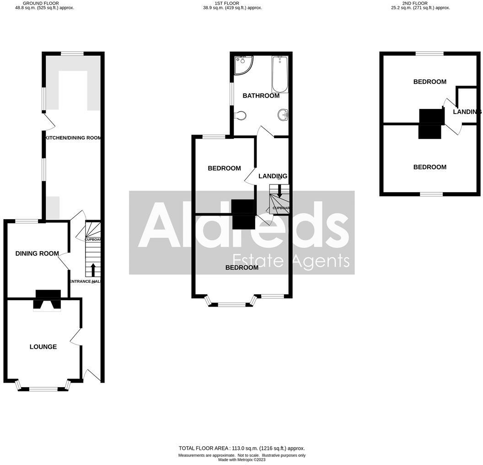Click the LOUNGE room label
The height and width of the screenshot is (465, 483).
43,347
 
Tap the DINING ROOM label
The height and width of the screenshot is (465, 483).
37,254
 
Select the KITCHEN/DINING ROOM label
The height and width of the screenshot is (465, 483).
73,137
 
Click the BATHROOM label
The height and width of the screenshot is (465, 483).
261,96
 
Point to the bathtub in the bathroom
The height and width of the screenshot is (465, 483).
279,74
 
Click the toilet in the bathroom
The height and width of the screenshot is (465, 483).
240,115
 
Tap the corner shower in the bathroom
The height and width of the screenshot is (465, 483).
242,65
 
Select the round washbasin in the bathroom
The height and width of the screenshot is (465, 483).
283,114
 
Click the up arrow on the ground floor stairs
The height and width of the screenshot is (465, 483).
93,269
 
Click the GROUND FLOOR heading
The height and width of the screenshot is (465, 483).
41,3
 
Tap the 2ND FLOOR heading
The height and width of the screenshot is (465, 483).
415,3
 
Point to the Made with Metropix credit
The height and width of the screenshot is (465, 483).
241,460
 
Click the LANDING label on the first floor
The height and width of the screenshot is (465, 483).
273,176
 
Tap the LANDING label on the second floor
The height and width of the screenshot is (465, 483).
467,112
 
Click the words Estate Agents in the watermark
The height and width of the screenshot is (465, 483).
291,260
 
